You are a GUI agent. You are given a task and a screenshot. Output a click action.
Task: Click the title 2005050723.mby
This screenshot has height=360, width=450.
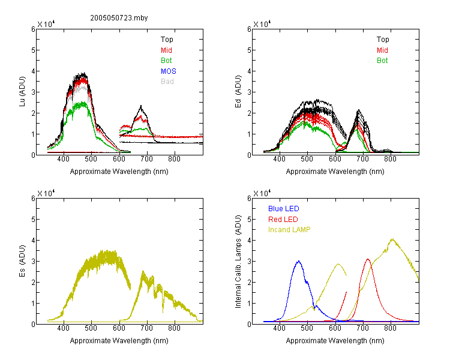(x=119, y=18)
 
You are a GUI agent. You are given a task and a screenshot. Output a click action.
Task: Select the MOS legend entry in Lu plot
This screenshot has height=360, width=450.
(x=169, y=71)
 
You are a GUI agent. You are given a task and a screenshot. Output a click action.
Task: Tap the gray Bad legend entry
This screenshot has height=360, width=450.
(x=167, y=82)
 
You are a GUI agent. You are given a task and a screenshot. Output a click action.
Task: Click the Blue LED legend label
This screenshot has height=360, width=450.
(x=284, y=209)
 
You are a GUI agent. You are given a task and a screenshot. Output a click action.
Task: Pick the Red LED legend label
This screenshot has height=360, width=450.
(x=283, y=220)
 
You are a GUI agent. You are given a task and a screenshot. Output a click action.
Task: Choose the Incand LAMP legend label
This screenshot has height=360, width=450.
(x=289, y=230)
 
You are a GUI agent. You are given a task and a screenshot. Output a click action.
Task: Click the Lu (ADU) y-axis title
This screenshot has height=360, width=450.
(x=22, y=92)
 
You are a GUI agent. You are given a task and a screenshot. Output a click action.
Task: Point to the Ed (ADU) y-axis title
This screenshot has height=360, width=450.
(x=238, y=92)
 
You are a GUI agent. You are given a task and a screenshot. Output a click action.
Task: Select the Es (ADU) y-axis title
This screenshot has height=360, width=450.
(x=22, y=261)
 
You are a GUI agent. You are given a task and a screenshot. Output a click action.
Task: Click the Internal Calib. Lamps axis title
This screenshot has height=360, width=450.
(x=238, y=262)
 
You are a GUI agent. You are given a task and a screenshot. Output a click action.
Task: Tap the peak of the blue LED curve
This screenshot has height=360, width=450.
(x=299, y=261)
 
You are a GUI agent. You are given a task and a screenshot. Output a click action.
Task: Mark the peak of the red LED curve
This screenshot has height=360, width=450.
(x=368, y=259)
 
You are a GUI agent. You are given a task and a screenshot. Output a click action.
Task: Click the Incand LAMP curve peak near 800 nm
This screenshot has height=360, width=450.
(x=392, y=239)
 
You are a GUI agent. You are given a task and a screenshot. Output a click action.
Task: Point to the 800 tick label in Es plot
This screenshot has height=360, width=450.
(x=174, y=328)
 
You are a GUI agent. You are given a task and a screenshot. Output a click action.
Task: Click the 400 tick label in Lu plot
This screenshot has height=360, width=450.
(x=64, y=159)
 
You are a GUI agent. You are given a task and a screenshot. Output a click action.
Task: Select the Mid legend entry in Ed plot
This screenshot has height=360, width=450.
(x=382, y=50)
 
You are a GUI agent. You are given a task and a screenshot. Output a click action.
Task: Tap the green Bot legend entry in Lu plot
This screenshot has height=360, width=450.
(x=166, y=61)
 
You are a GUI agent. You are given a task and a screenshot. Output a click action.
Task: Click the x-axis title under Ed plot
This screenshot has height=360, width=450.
(x=335, y=172)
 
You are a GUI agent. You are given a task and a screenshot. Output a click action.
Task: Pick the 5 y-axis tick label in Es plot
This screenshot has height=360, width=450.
(x=33, y=220)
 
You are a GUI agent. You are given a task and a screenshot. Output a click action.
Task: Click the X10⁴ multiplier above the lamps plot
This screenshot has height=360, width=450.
(x=262, y=193)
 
